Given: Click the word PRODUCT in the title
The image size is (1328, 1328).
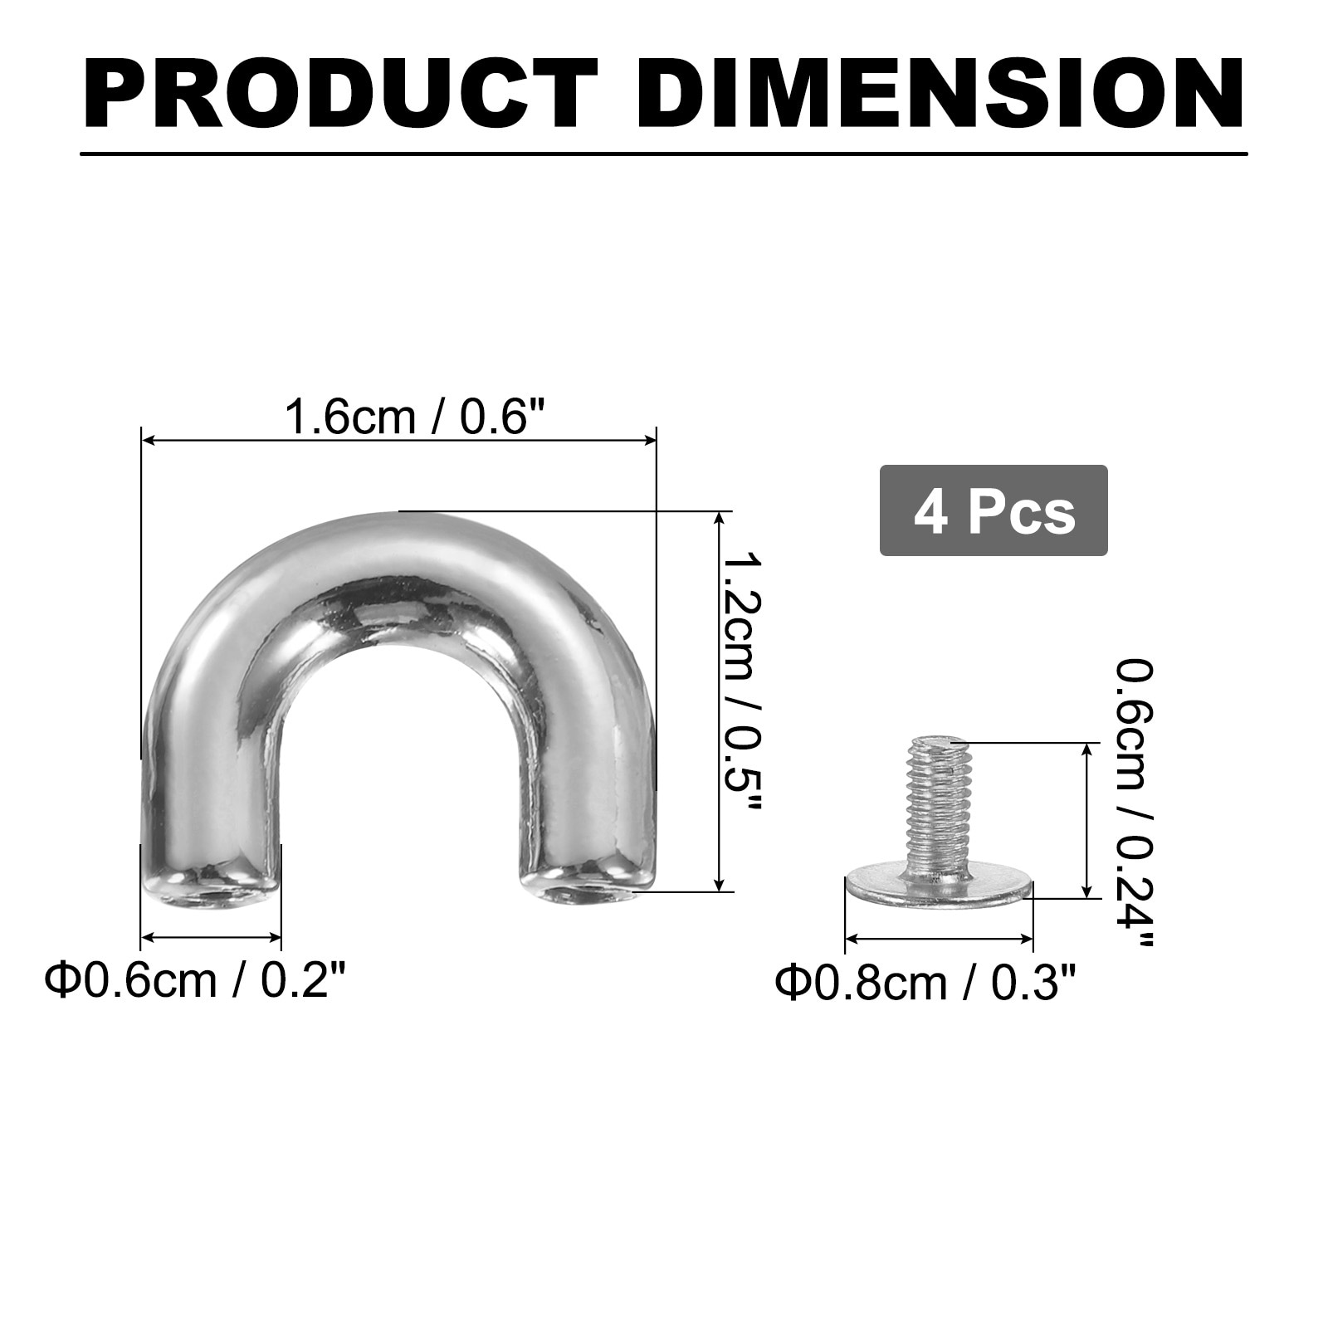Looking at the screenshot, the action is tap(340, 95).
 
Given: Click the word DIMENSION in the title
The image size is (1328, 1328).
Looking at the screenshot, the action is tap(940, 95).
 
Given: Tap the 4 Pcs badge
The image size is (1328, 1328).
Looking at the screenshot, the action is tap(994, 510).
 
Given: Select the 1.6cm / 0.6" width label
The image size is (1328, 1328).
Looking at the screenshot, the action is tap(418, 415).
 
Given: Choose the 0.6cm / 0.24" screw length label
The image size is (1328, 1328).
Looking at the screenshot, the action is tap(1134, 803).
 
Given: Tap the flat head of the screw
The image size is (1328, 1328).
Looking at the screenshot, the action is tap(939, 885).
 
